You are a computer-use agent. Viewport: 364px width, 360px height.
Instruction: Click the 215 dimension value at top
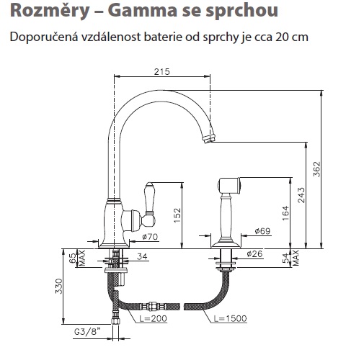click(x=161, y=71)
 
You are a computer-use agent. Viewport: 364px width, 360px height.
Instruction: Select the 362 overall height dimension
click(x=317, y=169)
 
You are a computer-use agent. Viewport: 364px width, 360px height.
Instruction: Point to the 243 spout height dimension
click(x=301, y=195)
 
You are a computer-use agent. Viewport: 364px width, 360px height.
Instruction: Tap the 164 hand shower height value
click(x=285, y=213)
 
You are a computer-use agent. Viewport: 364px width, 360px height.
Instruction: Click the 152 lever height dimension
click(x=177, y=215)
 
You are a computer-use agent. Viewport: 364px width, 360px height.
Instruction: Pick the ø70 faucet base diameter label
click(x=150, y=237)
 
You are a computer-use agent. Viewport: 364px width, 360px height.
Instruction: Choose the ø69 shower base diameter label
click(x=262, y=231)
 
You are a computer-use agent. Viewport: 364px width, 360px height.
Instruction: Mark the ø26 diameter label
click(x=255, y=253)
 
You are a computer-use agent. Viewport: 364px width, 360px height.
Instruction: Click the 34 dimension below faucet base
click(x=142, y=256)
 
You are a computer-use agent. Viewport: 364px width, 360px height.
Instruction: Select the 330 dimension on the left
click(x=59, y=286)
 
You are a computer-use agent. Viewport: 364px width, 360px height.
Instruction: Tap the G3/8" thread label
click(x=87, y=332)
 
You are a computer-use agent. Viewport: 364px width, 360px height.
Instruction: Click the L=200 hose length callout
click(x=153, y=318)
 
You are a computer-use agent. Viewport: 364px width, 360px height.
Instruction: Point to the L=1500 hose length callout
click(x=230, y=318)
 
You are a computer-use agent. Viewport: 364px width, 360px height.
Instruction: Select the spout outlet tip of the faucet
click(x=208, y=139)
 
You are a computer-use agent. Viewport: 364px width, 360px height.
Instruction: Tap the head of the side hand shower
click(x=228, y=186)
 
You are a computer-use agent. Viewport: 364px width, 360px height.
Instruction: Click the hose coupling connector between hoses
click(x=153, y=307)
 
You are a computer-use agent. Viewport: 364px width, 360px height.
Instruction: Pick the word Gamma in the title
click(x=142, y=10)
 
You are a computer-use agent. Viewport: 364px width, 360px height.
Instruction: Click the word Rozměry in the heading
click(x=50, y=11)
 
